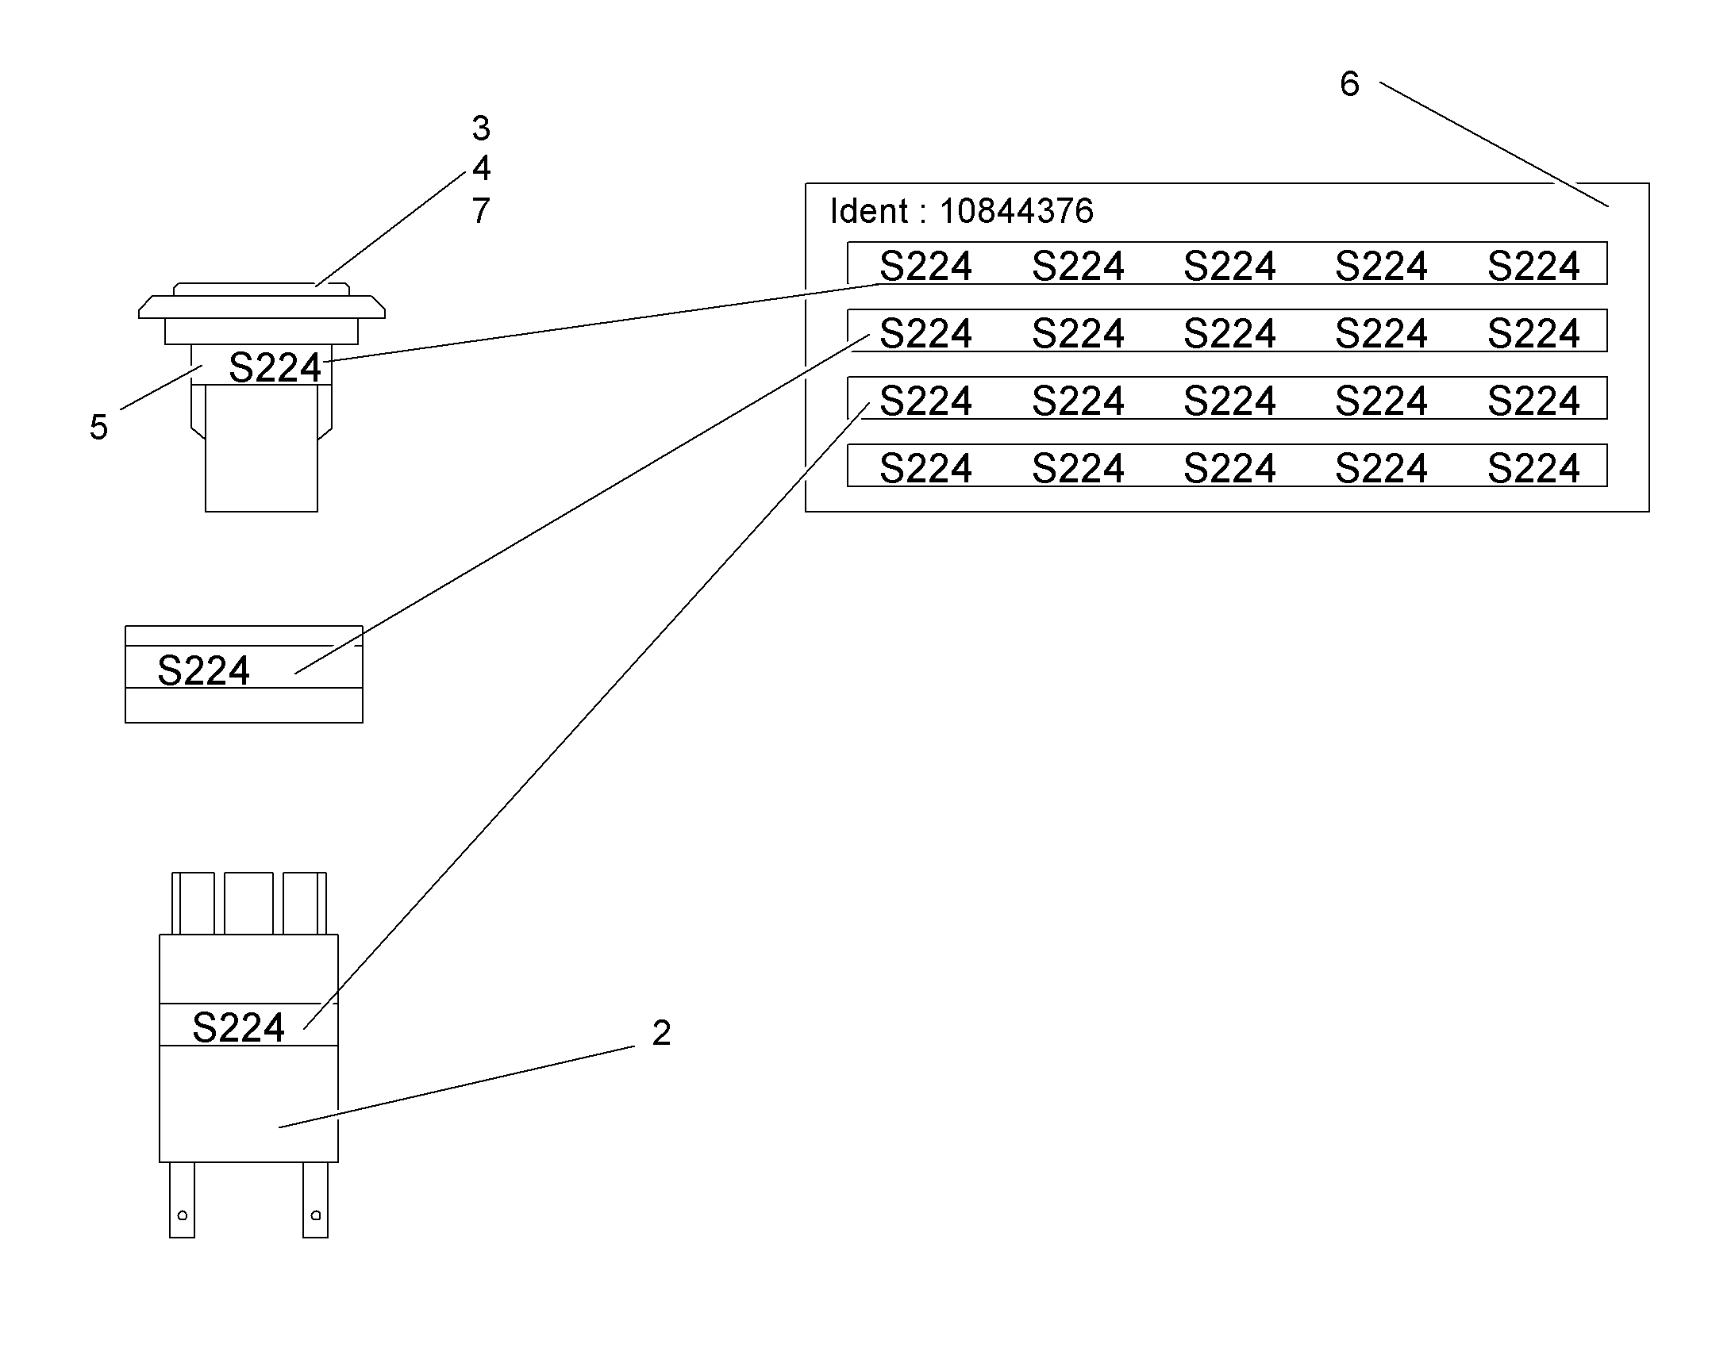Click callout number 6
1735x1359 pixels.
(x=1349, y=83)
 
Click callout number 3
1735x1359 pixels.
(x=481, y=128)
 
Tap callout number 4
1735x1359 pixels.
(x=481, y=168)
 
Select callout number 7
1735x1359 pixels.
(x=481, y=211)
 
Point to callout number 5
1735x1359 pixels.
(x=98, y=428)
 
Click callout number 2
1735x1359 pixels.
(x=661, y=1033)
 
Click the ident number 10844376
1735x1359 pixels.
(x=1017, y=211)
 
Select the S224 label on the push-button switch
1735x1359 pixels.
(x=275, y=367)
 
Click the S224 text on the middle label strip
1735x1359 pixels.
(x=204, y=670)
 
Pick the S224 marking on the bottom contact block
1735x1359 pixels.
(x=238, y=1028)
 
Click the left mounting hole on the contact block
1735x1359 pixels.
(x=183, y=1215)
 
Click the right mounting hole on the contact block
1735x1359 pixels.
(x=316, y=1215)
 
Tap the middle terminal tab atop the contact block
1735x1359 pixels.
(x=248, y=903)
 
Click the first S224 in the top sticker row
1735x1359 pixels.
(x=925, y=266)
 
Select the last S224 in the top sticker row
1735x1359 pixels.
(x=1533, y=266)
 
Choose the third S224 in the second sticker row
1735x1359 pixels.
(x=1229, y=333)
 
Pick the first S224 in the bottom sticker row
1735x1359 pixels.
(x=925, y=469)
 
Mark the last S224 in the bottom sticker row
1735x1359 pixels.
(x=1533, y=469)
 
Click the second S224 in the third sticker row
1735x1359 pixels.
(x=1078, y=401)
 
